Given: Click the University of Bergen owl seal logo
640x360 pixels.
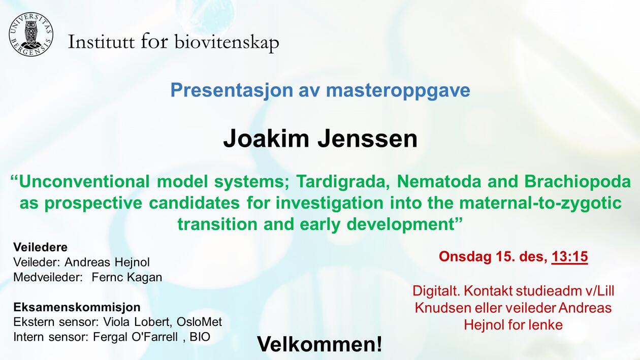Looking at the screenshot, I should tap(30, 34).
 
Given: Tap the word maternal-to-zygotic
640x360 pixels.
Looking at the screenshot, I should tap(540, 203).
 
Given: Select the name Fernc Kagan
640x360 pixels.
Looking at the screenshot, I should tap(127, 277).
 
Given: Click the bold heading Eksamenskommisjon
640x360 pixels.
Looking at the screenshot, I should tap(77, 307).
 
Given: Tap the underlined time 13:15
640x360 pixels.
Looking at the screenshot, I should tap(569, 257).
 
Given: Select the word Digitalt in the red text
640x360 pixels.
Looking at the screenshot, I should tap(434, 291).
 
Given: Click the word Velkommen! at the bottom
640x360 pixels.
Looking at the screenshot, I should tap(319, 344).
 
